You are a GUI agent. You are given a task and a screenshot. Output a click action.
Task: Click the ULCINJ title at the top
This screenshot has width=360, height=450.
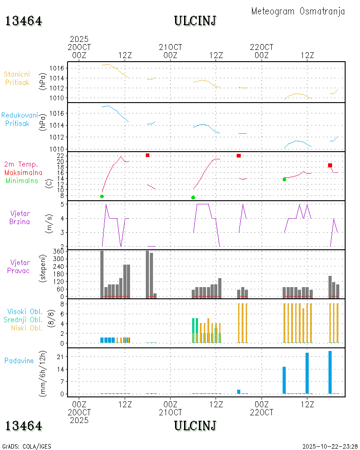coord(195,21)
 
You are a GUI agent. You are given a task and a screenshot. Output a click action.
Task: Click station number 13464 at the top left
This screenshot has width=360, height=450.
coord(23,21)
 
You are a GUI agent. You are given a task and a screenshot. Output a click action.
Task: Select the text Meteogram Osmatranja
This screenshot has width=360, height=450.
coord(298,11)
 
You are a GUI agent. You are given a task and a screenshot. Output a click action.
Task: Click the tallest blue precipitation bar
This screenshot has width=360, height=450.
coord(330,372)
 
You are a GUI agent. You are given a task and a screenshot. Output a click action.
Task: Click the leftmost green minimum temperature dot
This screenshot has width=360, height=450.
coord(102,196)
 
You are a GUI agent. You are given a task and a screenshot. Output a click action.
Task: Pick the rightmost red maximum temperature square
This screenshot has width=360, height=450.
coord(330,165)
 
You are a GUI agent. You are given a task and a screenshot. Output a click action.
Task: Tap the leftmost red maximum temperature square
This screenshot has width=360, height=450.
coord(148,155)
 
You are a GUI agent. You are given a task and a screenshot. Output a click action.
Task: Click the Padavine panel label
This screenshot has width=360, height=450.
coord(19,360)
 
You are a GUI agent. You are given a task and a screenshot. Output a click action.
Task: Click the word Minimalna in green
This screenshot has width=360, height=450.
coord(22,180)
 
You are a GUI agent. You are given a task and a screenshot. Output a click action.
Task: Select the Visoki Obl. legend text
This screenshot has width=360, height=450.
coord(24,311)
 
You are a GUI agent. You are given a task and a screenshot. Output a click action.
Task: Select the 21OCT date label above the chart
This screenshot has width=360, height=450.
coord(171,47)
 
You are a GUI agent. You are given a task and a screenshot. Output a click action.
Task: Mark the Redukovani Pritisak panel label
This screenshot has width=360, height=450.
coord(19,119)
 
